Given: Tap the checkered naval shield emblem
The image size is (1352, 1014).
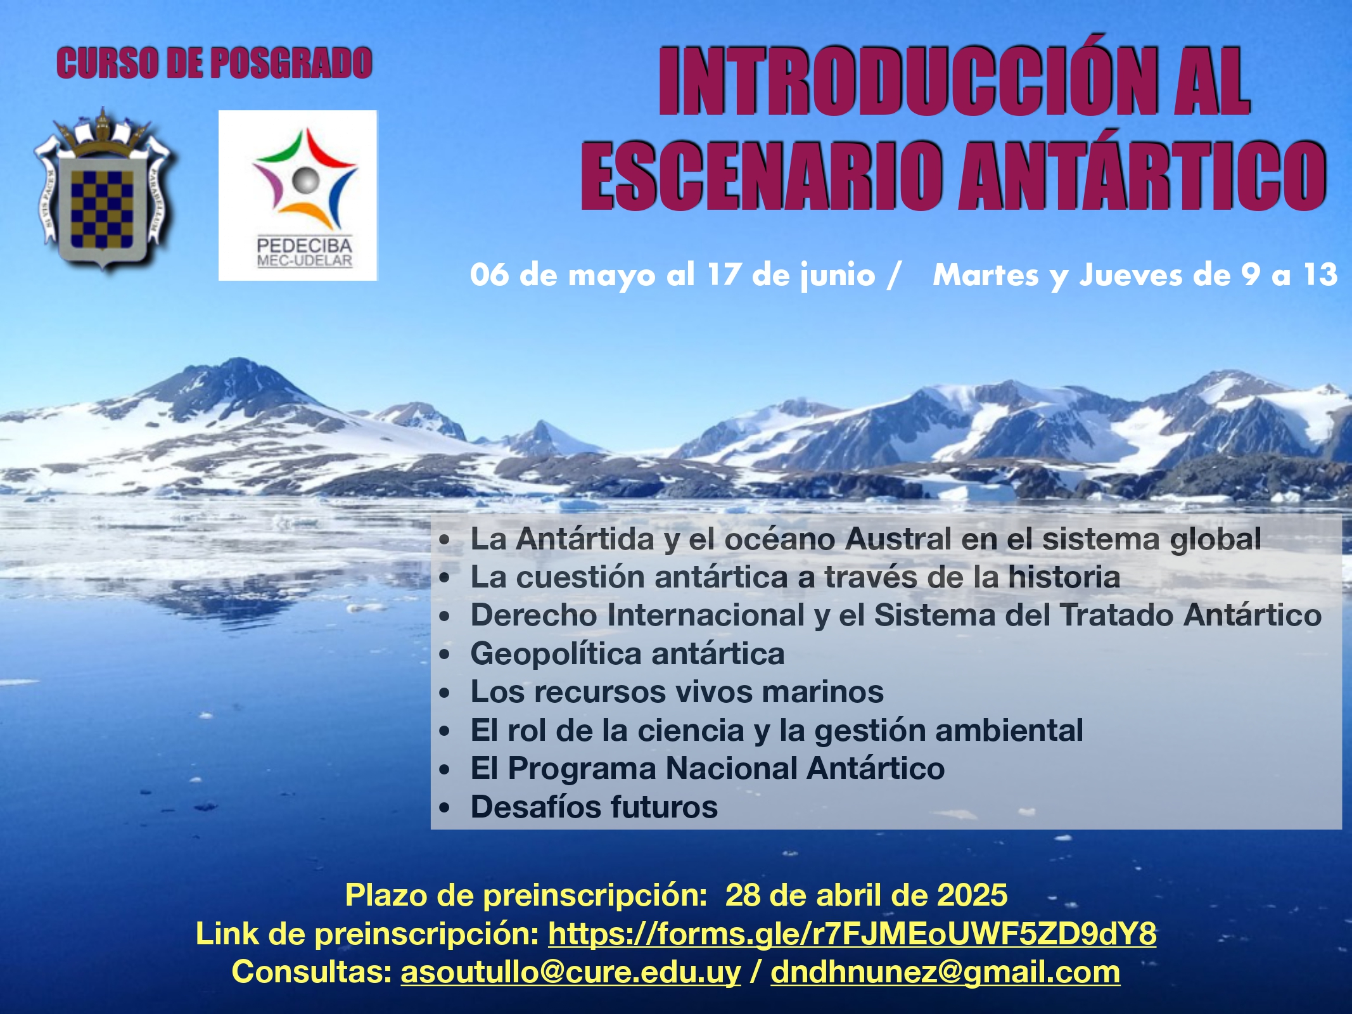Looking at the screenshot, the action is (103, 190).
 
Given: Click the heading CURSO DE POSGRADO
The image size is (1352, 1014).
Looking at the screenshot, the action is (214, 63).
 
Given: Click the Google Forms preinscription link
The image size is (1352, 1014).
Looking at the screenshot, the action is (852, 934).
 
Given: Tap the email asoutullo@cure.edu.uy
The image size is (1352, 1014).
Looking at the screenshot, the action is (571, 972).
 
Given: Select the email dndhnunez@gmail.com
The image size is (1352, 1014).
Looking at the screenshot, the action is (945, 972).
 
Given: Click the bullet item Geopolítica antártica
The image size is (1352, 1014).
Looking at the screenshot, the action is (627, 653).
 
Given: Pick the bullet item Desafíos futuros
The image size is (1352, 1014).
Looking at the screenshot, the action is (594, 807).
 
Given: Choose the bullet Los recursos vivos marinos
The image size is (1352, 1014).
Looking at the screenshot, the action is (677, 691).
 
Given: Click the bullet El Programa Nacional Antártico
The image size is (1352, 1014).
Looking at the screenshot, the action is (707, 768).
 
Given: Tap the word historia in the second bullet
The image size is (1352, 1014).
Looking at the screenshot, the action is (1064, 577).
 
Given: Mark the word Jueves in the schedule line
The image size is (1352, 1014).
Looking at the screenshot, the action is (1132, 275).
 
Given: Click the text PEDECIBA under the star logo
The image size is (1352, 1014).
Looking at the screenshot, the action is (304, 246).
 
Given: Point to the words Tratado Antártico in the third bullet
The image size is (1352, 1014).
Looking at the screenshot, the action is (1190, 615).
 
